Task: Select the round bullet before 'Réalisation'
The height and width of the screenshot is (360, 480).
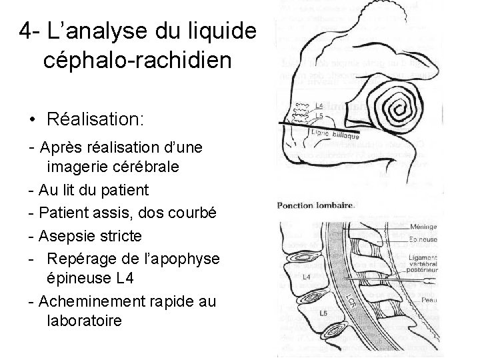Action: (32, 119)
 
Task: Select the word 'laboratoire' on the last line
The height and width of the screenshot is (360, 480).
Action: (85, 321)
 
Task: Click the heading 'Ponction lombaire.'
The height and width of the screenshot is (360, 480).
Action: (316, 205)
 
